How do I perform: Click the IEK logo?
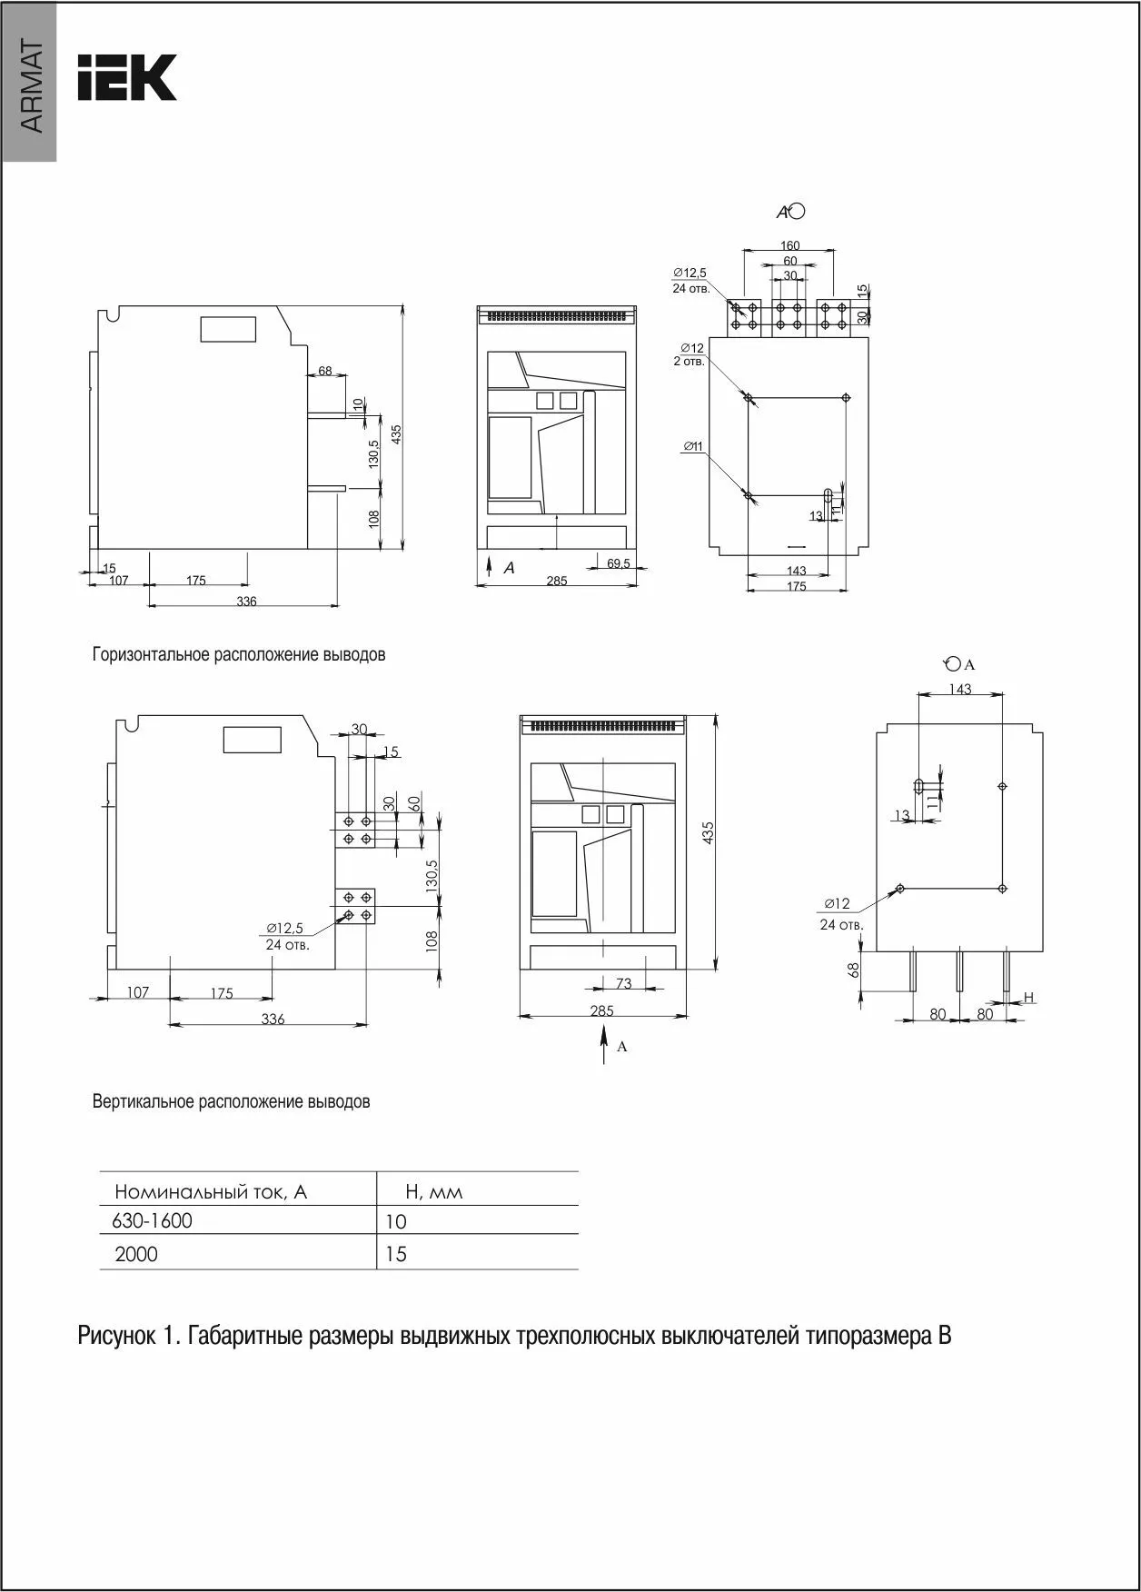[126, 77]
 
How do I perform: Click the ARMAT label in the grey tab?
[30, 87]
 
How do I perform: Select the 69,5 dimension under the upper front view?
[619, 563]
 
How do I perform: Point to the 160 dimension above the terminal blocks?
[789, 245]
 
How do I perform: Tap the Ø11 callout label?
[693, 445]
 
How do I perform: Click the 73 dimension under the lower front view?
[623, 983]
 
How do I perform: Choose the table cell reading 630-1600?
[153, 1220]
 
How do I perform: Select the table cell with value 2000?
[136, 1254]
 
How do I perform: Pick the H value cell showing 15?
[396, 1254]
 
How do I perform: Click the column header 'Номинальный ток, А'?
[211, 1191]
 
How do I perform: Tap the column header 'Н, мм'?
[433, 1191]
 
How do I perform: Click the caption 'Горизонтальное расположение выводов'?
[239, 654]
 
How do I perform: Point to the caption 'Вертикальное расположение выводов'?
[232, 1102]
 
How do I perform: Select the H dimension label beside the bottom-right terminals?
[1028, 998]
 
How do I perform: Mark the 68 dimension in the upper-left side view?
[325, 372]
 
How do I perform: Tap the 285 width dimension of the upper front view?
[557, 581]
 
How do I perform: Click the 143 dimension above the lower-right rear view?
[960, 689]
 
